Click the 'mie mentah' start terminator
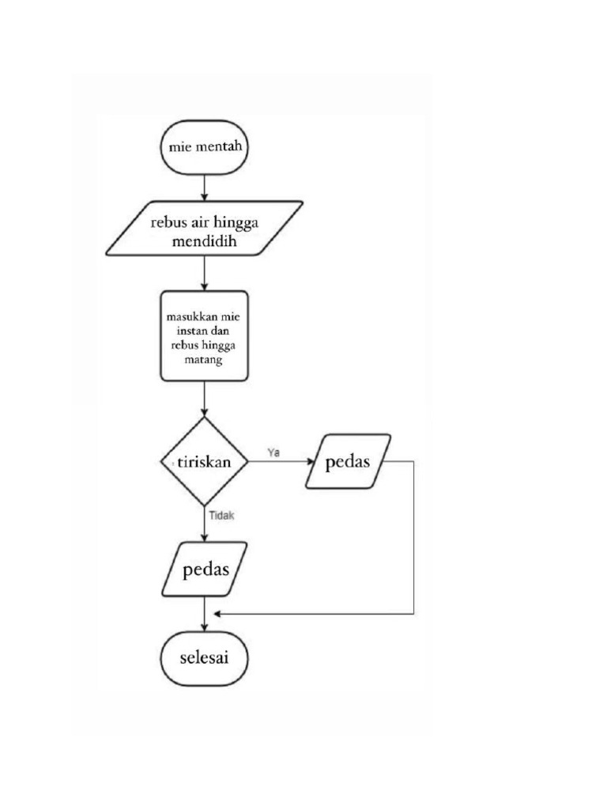click(x=205, y=147)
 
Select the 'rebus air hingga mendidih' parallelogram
click(x=205, y=229)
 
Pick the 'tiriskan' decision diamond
click(x=205, y=463)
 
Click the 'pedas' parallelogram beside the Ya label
click(x=349, y=461)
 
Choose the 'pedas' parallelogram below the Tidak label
click(x=205, y=570)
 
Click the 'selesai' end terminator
click(x=205, y=658)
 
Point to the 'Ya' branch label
click(x=274, y=452)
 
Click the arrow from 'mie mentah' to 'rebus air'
click(x=205, y=187)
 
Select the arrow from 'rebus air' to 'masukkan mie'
click(x=205, y=274)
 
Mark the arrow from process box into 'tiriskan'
click(x=205, y=399)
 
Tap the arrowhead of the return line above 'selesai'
click(x=217, y=614)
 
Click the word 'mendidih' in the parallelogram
click(x=205, y=241)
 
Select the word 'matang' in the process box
click(x=205, y=360)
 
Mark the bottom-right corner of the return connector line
click(x=414, y=614)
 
